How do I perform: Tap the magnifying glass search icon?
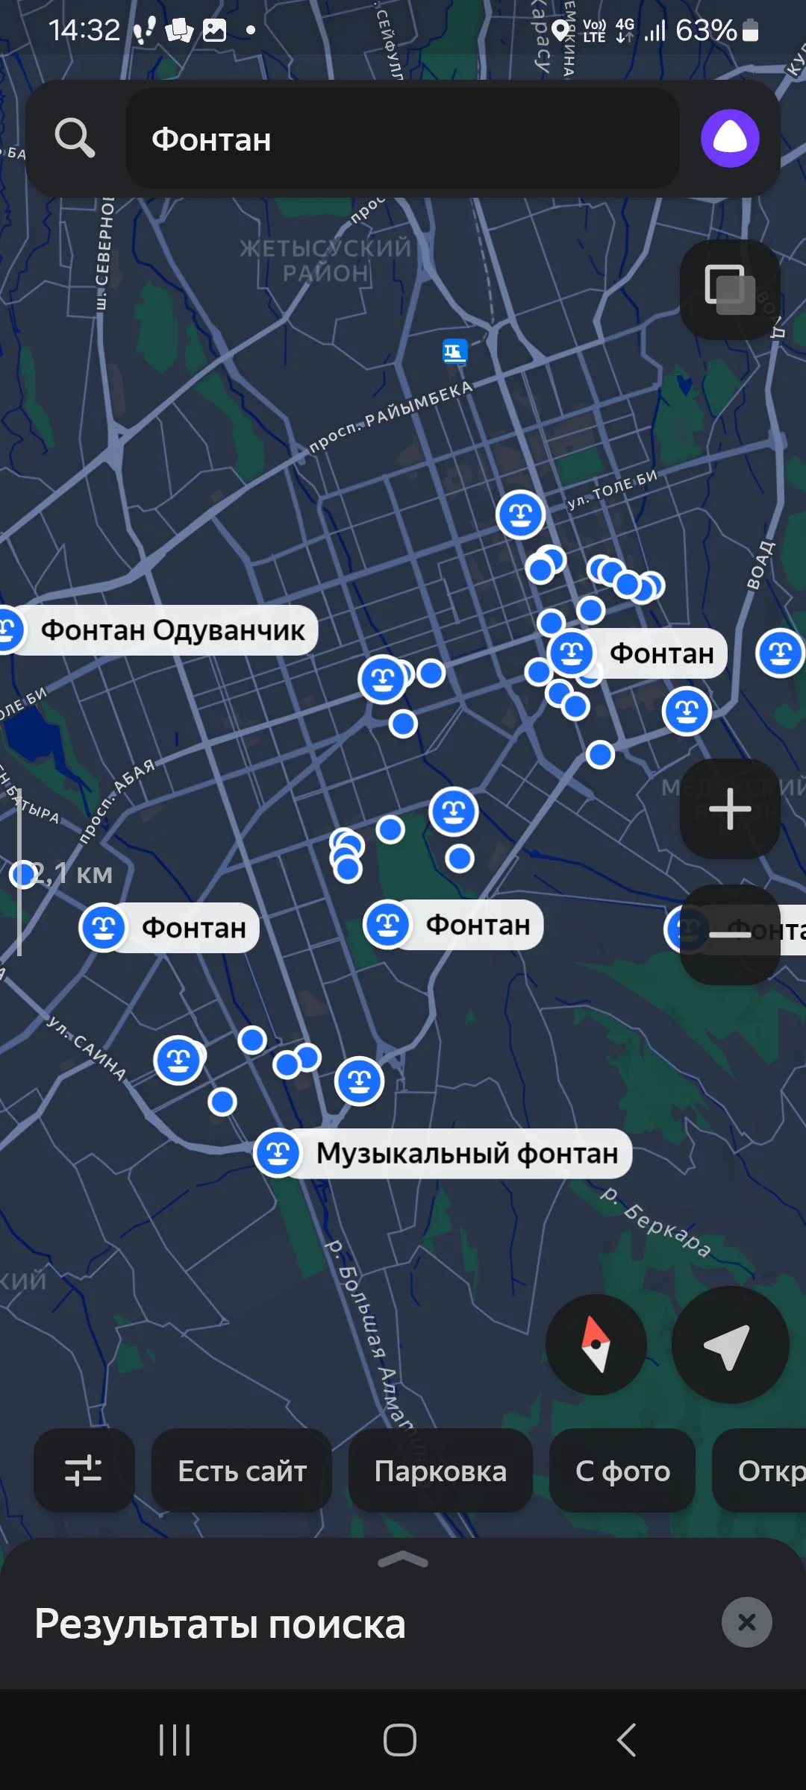click(x=75, y=138)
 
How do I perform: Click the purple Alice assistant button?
click(x=730, y=138)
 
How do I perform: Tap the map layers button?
click(x=729, y=289)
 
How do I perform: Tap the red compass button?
click(x=596, y=1345)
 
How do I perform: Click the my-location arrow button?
click(x=729, y=1345)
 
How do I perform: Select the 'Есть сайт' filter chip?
click(x=242, y=1472)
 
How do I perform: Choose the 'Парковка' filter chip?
click(x=440, y=1472)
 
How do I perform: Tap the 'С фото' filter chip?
click(x=622, y=1472)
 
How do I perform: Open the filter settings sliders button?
click(x=84, y=1472)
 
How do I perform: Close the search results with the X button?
click(x=746, y=1622)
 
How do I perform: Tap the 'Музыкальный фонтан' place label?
click(x=466, y=1154)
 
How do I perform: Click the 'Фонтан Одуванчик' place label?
click(x=172, y=630)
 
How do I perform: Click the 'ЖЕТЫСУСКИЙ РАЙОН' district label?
click(x=325, y=260)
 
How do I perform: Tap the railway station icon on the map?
click(x=454, y=351)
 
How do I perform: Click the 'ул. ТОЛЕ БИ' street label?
click(x=613, y=489)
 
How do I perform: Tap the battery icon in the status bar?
click(x=751, y=31)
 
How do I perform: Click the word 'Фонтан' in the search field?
click(x=211, y=139)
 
